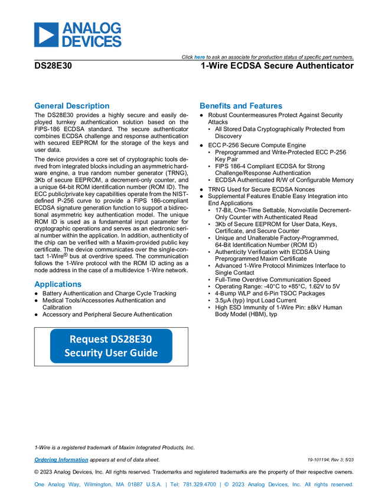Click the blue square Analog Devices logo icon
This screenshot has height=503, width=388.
pyautogui.click(x=45, y=35)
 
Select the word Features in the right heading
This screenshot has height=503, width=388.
pyautogui.click(x=266, y=107)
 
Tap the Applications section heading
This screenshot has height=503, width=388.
pyautogui.click(x=58, y=285)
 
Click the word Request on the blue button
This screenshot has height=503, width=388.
pyautogui.click(x=89, y=339)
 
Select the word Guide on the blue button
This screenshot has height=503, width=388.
pyautogui.click(x=144, y=353)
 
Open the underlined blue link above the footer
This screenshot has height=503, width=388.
pyautogui.click(x=61, y=460)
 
